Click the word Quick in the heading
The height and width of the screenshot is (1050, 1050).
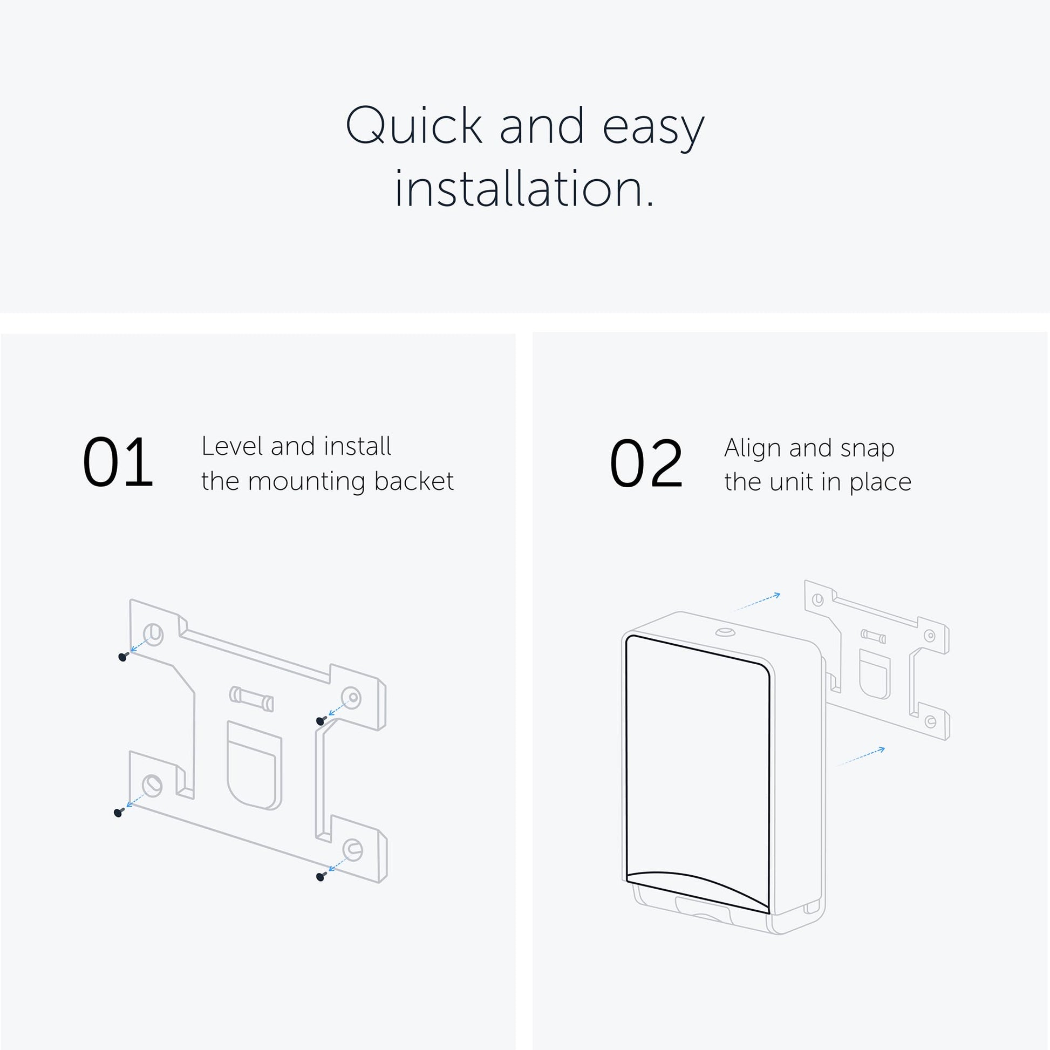click(414, 127)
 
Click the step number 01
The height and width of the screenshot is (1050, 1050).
click(118, 462)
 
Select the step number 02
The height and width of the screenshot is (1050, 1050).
click(646, 463)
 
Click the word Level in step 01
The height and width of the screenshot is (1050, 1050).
click(231, 446)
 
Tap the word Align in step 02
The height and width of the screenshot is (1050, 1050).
click(752, 449)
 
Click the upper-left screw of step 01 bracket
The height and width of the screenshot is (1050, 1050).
click(123, 657)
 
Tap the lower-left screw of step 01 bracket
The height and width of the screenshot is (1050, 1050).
click(119, 813)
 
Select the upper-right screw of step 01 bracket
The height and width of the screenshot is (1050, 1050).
click(321, 721)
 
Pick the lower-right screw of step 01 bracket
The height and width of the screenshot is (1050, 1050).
click(321, 876)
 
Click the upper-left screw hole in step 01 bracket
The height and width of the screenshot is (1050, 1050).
click(153, 633)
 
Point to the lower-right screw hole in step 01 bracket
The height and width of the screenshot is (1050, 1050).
click(352, 848)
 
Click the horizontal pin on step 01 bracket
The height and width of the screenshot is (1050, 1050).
click(251, 699)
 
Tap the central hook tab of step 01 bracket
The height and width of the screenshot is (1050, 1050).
click(254, 766)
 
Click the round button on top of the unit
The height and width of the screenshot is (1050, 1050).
click(725, 632)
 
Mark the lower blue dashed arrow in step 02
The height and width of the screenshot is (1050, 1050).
click(861, 756)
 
